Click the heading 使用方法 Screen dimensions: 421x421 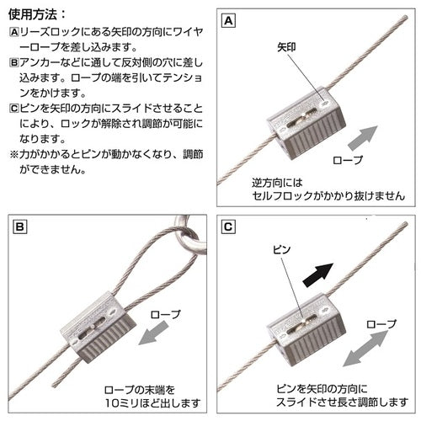coord(33,14)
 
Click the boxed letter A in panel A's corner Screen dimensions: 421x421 coord(228,21)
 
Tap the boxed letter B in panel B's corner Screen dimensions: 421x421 coord(20,226)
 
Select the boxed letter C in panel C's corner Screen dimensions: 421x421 coord(228,226)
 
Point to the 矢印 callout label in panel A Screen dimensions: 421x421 coord(286,47)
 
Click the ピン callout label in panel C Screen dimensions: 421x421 coord(282,249)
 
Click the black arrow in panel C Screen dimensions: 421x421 coord(318,274)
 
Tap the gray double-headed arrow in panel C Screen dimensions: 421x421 coord(365,349)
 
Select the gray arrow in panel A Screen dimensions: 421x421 coord(363,138)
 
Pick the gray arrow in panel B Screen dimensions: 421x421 coord(153,333)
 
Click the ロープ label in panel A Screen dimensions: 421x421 coord(348,160)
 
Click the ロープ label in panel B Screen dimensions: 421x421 coord(165,314)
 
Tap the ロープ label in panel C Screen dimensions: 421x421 coord(381,324)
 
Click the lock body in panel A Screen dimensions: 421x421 coord(306,124)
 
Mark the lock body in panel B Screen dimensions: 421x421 coord(99,327)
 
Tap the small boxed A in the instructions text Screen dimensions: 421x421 coord(13,32)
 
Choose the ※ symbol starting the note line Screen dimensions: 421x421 coord(13,154)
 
